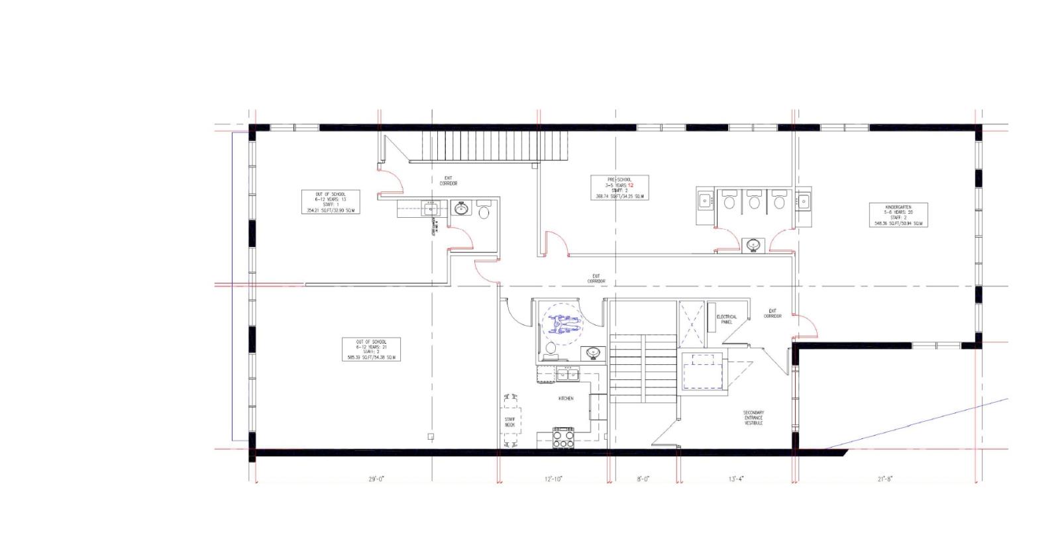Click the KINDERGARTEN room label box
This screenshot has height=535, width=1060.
[898, 215]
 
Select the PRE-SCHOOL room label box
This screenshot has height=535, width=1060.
[619, 187]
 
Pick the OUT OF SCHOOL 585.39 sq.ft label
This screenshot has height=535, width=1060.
[371, 350]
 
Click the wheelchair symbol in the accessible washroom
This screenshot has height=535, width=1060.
[562, 322]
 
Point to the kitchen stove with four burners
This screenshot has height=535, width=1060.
[562, 438]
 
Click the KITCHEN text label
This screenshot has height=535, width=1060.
[566, 399]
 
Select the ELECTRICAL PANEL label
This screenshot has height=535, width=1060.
[726, 319]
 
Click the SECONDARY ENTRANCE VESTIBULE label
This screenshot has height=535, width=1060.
[753, 417]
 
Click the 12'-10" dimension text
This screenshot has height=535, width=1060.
[553, 479]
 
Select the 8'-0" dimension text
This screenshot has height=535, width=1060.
[643, 479]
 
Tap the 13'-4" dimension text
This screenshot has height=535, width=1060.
[736, 479]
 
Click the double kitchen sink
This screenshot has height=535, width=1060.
[568, 375]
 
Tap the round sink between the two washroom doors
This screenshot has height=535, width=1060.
[753, 245]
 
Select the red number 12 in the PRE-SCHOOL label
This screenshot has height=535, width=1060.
[631, 185]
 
